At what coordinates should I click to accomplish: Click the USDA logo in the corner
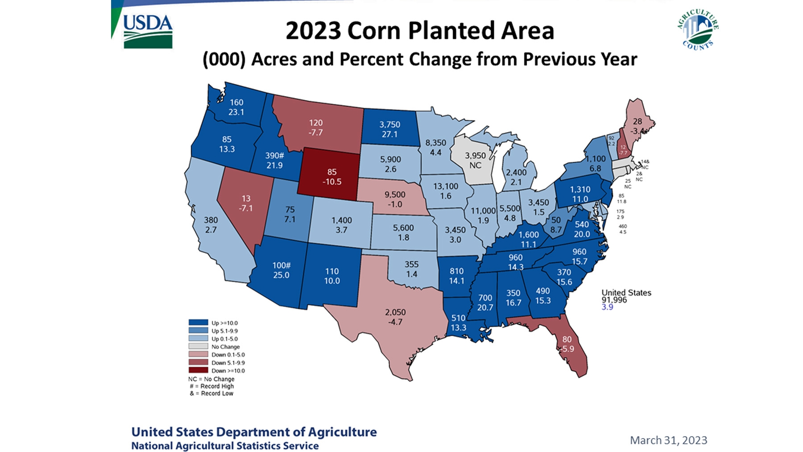pyautogui.click(x=148, y=31)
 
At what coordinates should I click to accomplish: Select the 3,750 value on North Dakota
pyautogui.click(x=389, y=124)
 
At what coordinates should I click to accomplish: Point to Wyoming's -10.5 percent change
pyautogui.click(x=332, y=182)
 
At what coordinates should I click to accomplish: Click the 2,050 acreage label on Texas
pyautogui.click(x=395, y=312)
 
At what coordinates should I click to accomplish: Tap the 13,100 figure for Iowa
pyautogui.click(x=445, y=187)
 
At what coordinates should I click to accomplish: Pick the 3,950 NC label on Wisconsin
pyautogui.click(x=475, y=160)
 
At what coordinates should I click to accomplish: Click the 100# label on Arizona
pyautogui.click(x=281, y=265)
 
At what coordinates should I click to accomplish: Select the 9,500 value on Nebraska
pyautogui.click(x=395, y=195)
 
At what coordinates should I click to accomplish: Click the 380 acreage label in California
pyautogui.click(x=211, y=220)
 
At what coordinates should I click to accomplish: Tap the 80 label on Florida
pyautogui.click(x=567, y=340)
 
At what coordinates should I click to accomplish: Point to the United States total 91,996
pyautogui.click(x=614, y=300)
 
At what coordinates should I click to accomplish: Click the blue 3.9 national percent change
pyautogui.click(x=607, y=307)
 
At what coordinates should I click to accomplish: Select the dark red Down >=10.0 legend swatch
pyautogui.click(x=198, y=370)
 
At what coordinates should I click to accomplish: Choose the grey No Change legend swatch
pyautogui.click(x=198, y=347)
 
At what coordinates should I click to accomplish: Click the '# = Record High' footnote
pyautogui.click(x=211, y=386)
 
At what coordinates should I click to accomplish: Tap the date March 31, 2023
pyautogui.click(x=668, y=440)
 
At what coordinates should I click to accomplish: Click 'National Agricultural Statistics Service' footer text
pyautogui.click(x=225, y=446)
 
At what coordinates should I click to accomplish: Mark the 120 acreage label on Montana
pyautogui.click(x=315, y=123)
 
